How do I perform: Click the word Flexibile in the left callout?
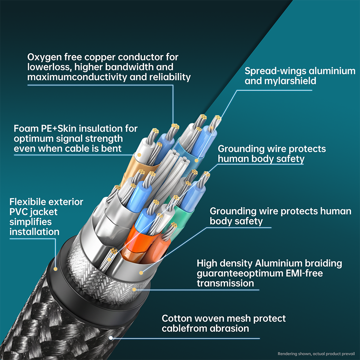click(26, 202)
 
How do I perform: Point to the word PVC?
click(18, 212)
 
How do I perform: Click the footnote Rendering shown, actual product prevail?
click(316, 354)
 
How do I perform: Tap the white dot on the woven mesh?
click(111, 338)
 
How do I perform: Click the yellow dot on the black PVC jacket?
click(55, 269)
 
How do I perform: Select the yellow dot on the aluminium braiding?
click(134, 290)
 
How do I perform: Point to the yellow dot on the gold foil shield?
click(139, 155)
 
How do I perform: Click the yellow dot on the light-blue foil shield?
click(196, 160)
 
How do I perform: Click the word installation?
click(34, 232)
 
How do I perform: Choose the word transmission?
click(225, 283)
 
